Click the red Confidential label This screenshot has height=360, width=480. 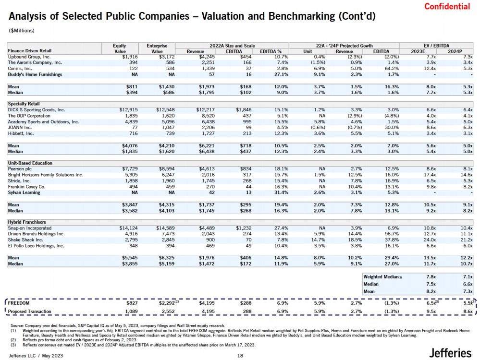[447, 6]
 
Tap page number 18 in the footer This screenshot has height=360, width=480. [241, 355]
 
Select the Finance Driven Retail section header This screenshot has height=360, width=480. [30, 50]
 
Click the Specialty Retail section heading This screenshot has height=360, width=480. [24, 104]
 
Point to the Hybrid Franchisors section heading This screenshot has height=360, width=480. [27, 222]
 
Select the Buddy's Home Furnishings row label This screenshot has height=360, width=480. [35, 74]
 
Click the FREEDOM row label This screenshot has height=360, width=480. [19, 303]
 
